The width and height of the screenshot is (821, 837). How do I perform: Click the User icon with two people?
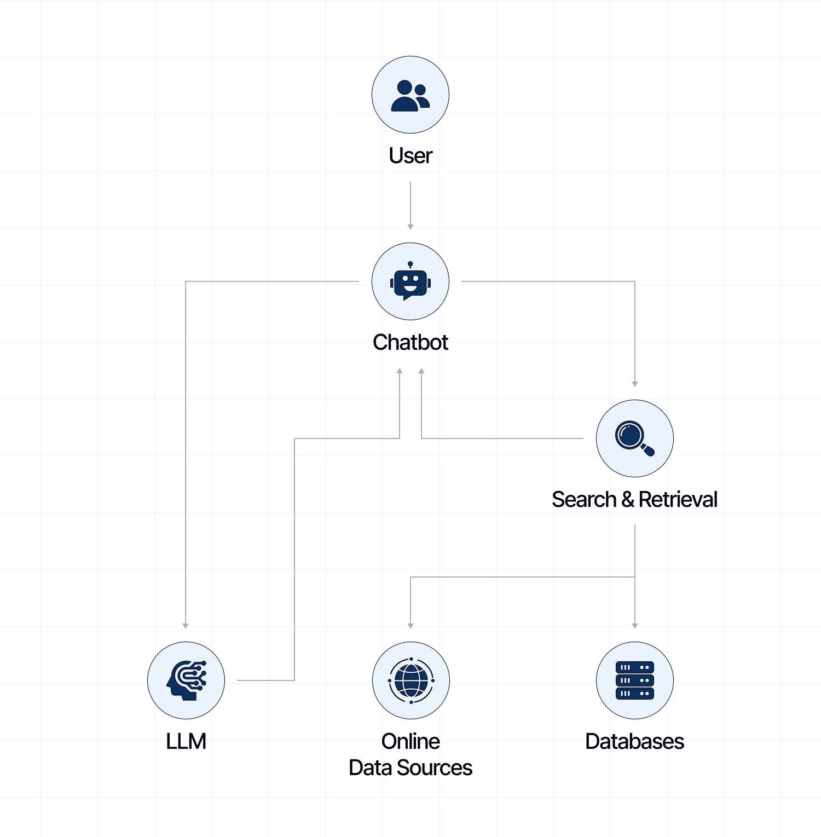(x=410, y=95)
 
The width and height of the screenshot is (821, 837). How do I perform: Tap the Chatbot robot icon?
(x=410, y=281)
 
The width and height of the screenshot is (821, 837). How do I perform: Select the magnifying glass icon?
(x=634, y=438)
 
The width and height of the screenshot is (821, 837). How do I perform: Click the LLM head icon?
(x=186, y=680)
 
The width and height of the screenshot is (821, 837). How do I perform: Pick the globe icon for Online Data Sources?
(x=411, y=680)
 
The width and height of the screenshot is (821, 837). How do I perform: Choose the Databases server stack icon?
(x=635, y=680)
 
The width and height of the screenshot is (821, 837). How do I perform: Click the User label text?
(x=410, y=156)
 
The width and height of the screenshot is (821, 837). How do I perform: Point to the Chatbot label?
(x=410, y=343)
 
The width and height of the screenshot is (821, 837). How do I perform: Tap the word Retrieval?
(x=678, y=499)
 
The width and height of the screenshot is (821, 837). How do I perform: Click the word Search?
(x=583, y=499)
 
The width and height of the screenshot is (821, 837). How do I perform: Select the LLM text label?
(x=186, y=742)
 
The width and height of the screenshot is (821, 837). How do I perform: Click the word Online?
(x=410, y=742)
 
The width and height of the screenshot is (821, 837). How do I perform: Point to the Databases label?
(x=634, y=742)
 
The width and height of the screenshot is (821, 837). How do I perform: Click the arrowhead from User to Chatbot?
(x=410, y=227)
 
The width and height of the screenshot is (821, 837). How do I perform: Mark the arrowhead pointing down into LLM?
(x=186, y=626)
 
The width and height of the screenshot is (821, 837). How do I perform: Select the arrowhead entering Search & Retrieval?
(x=635, y=384)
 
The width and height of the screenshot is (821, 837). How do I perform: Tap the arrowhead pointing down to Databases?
(x=635, y=626)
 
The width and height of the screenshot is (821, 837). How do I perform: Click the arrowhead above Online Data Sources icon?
(x=410, y=626)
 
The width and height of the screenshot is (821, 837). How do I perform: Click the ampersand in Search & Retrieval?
(x=628, y=499)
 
